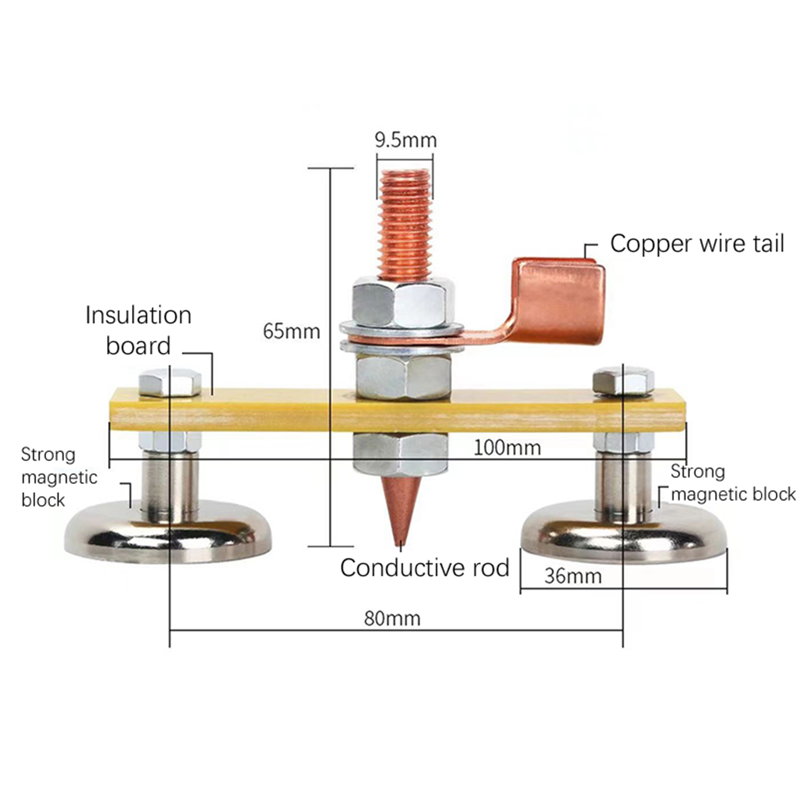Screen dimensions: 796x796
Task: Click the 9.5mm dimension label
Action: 405,140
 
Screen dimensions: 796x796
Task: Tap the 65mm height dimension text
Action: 291,331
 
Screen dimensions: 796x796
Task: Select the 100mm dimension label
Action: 507,448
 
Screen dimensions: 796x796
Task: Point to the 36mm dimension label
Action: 573,576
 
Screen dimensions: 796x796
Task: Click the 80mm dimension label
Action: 392,618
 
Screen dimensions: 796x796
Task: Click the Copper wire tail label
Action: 696,244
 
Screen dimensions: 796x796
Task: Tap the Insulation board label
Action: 138,330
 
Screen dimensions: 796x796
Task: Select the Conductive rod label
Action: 424,568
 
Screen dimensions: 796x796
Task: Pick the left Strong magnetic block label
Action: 59,477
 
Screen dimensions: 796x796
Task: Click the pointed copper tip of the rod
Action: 401,512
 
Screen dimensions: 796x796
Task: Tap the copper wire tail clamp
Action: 560,301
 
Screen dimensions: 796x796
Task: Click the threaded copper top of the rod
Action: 405,224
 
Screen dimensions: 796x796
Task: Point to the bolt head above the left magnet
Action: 170,382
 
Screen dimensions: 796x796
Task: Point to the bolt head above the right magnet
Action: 623,381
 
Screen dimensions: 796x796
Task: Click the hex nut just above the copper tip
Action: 400,453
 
